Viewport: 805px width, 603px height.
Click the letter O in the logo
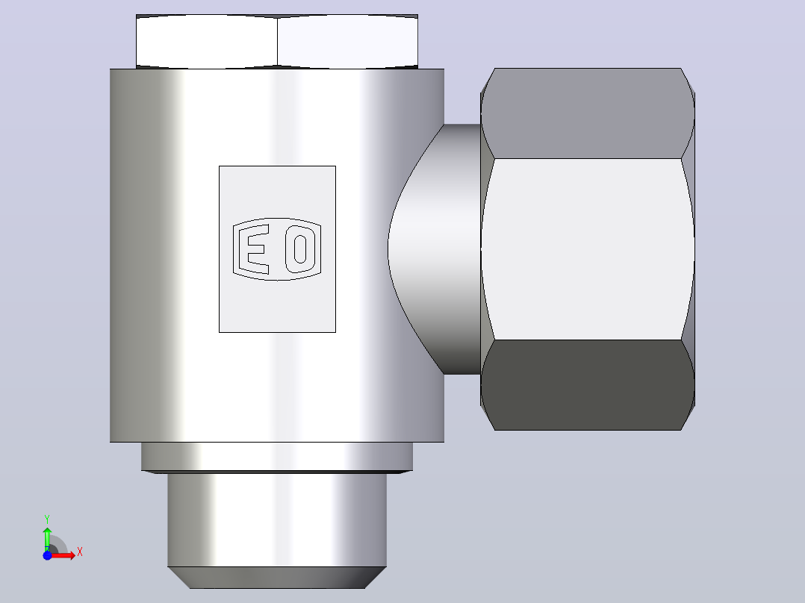click(300, 249)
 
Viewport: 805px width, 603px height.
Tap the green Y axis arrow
click(47, 539)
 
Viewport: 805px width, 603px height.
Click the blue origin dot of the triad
click(47, 555)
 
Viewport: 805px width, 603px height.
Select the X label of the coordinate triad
click(80, 552)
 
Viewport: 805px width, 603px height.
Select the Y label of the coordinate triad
click(47, 519)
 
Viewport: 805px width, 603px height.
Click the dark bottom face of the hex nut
click(587, 385)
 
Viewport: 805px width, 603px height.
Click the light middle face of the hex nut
click(587, 249)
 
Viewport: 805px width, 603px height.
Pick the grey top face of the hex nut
click(587, 113)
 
